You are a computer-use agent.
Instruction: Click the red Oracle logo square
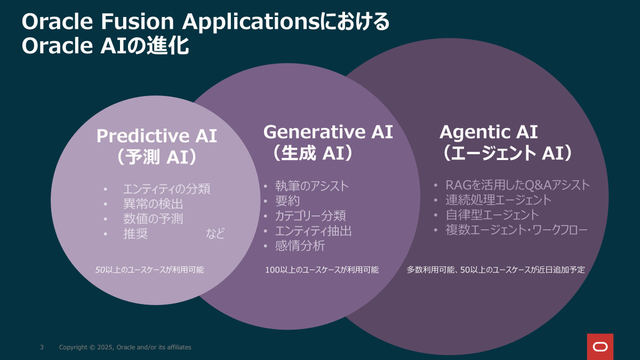(600, 347)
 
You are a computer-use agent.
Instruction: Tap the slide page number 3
(42, 347)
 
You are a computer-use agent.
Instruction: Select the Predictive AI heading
(157, 135)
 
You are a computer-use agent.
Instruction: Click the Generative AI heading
(328, 132)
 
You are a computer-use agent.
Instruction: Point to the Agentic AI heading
(489, 132)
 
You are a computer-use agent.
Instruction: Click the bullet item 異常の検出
(153, 204)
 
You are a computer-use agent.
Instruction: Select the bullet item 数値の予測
(153, 219)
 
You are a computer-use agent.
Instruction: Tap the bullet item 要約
(287, 201)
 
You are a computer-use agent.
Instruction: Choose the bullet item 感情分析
(300, 246)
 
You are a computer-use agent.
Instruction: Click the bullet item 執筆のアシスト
(311, 186)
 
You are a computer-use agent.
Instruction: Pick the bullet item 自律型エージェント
(492, 215)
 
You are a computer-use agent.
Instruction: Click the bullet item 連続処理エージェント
(499, 200)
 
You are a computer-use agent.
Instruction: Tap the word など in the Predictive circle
(215, 234)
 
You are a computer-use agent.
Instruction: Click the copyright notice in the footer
(125, 347)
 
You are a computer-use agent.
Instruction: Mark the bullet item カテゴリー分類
(310, 215)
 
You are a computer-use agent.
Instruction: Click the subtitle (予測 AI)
(157, 157)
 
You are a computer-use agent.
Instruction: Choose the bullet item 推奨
(135, 234)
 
